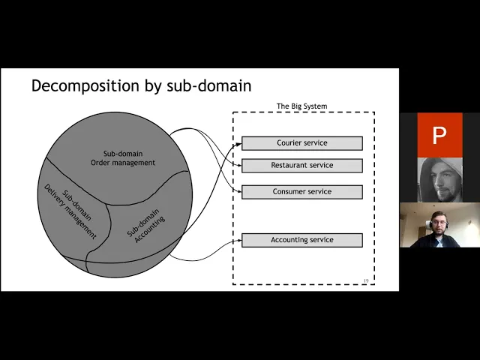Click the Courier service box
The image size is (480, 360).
(x=301, y=143)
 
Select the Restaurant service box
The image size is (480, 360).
(x=301, y=165)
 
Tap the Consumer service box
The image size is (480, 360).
(x=301, y=192)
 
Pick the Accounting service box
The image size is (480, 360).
(x=301, y=240)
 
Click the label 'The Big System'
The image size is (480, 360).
(x=301, y=106)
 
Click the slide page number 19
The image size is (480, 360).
(x=365, y=280)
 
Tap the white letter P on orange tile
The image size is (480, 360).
(x=439, y=136)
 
